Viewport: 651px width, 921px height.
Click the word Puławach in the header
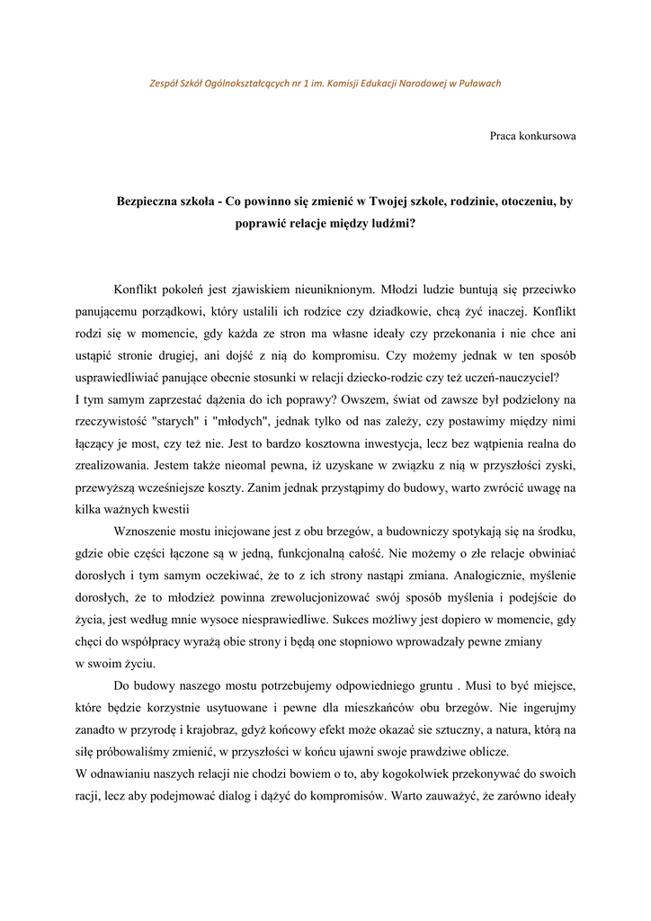click(478, 84)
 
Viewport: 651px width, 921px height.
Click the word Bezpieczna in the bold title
click(150, 201)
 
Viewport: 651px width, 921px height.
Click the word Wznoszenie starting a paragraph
click(153, 531)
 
